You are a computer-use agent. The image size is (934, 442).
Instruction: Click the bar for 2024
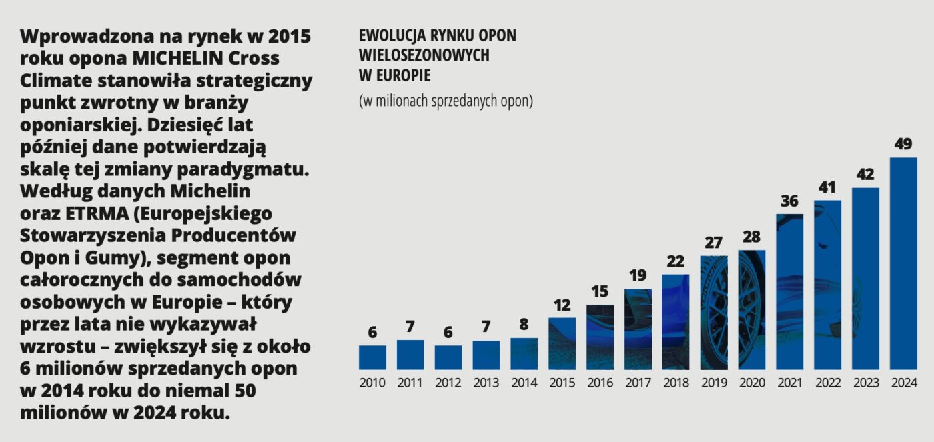click(x=903, y=263)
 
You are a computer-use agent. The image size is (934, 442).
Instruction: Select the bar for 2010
click(x=372, y=357)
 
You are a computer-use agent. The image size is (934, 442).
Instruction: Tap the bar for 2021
click(x=789, y=291)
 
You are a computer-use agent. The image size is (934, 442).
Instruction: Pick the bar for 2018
click(x=675, y=321)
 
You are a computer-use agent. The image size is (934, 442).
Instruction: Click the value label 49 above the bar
click(x=903, y=144)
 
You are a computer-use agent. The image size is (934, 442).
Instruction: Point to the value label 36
click(x=789, y=201)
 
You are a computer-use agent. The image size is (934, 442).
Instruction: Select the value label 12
click(x=562, y=305)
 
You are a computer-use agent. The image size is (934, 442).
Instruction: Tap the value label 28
click(x=751, y=237)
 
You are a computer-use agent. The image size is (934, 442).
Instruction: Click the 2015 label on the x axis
click(x=562, y=383)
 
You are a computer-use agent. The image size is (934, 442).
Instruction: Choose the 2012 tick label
click(x=448, y=383)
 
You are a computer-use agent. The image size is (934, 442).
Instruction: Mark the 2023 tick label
click(x=865, y=383)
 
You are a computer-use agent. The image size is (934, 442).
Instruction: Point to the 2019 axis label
click(x=713, y=383)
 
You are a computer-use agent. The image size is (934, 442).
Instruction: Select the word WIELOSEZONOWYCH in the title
click(x=424, y=55)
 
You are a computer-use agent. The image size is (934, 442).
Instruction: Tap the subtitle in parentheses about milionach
click(x=446, y=101)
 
